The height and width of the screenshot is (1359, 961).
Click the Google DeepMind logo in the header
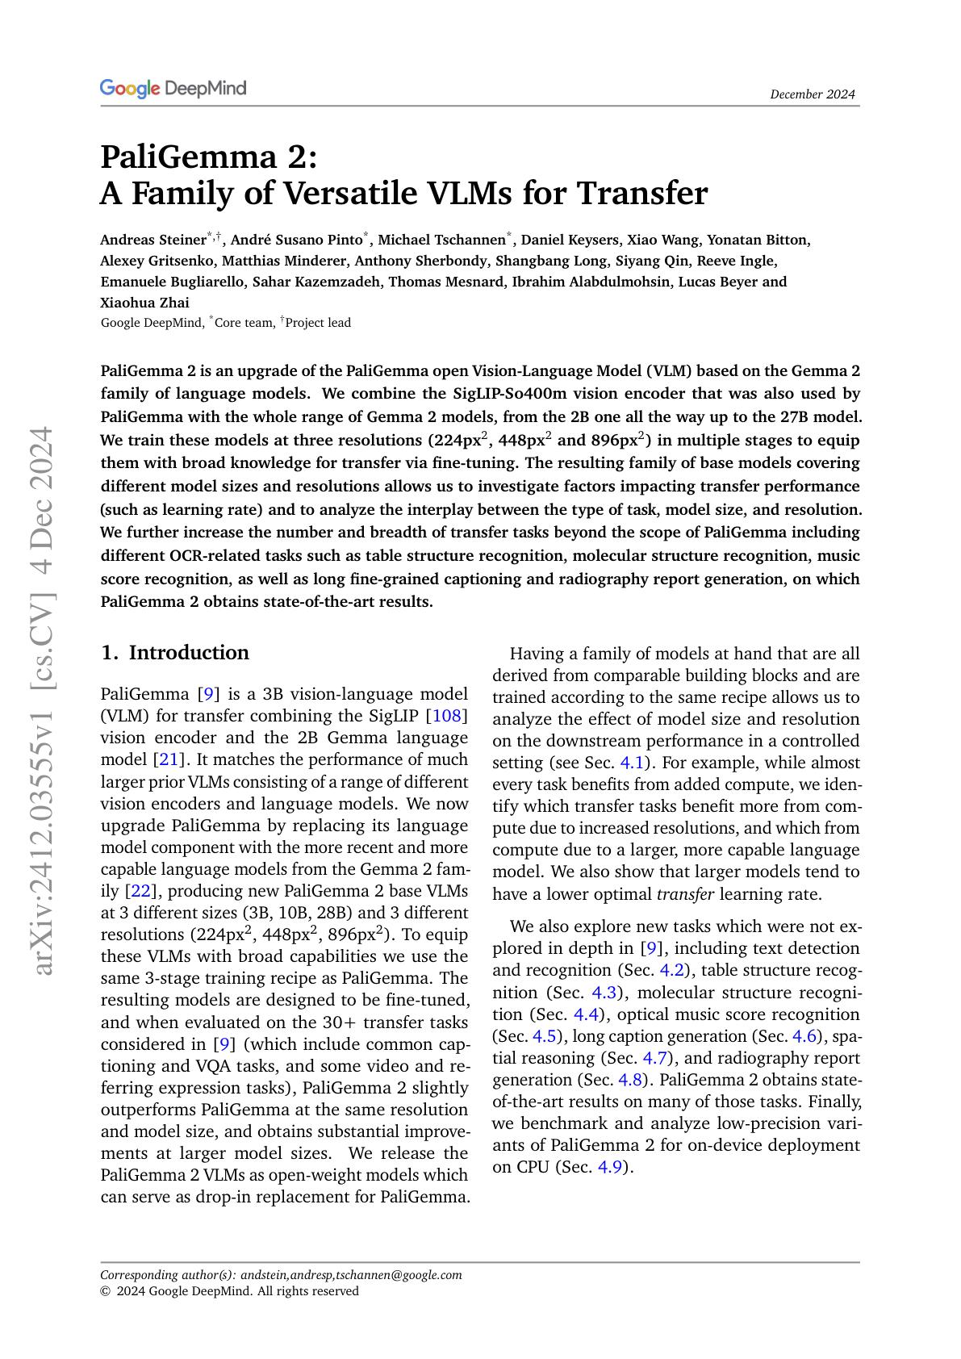pos(173,88)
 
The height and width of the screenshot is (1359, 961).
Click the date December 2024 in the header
pos(812,94)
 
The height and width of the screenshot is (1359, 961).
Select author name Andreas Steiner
pos(153,240)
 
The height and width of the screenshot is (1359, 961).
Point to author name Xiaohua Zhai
pos(144,303)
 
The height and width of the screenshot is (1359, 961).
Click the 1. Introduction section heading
pos(174,652)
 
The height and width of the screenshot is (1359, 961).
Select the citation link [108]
pos(450,716)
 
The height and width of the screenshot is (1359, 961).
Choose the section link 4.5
pos(545,1036)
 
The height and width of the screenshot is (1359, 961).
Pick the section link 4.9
pos(610,1167)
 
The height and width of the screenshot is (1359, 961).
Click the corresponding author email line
pos(281,1275)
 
